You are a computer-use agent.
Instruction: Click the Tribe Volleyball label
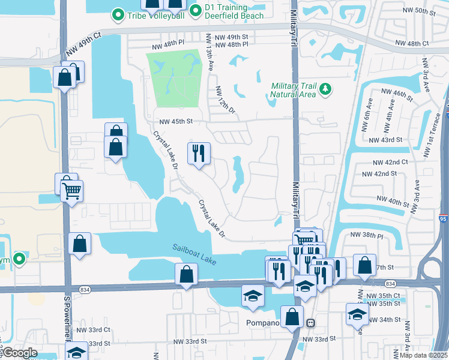coord(156,14)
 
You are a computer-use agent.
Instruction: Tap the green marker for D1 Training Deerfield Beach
coord(195,10)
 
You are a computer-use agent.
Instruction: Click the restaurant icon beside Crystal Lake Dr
coord(199,154)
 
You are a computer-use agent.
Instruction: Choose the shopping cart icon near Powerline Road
coord(71,191)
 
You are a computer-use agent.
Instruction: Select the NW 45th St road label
coord(172,121)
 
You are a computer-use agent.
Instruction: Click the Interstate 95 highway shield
coord(443,218)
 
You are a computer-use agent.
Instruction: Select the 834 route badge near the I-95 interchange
coord(390,283)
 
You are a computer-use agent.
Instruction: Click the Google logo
coord(19,353)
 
